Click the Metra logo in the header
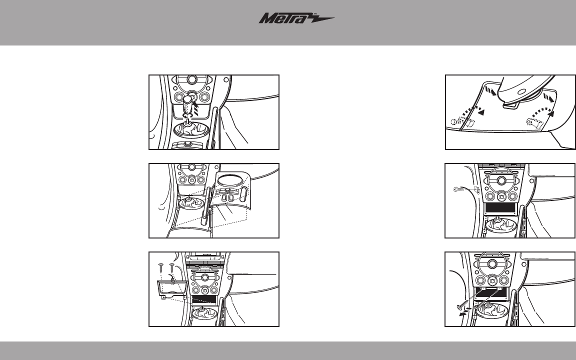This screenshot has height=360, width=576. coord(296,18)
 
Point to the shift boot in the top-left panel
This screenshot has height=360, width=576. coord(191,129)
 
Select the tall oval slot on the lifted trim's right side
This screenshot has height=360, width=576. coord(243,193)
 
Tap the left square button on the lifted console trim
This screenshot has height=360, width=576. coord(224,197)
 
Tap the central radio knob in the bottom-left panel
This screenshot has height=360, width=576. coord(204,276)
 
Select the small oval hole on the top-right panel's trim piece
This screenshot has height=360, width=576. coord(521,91)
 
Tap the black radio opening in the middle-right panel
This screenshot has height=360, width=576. coord(499,208)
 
